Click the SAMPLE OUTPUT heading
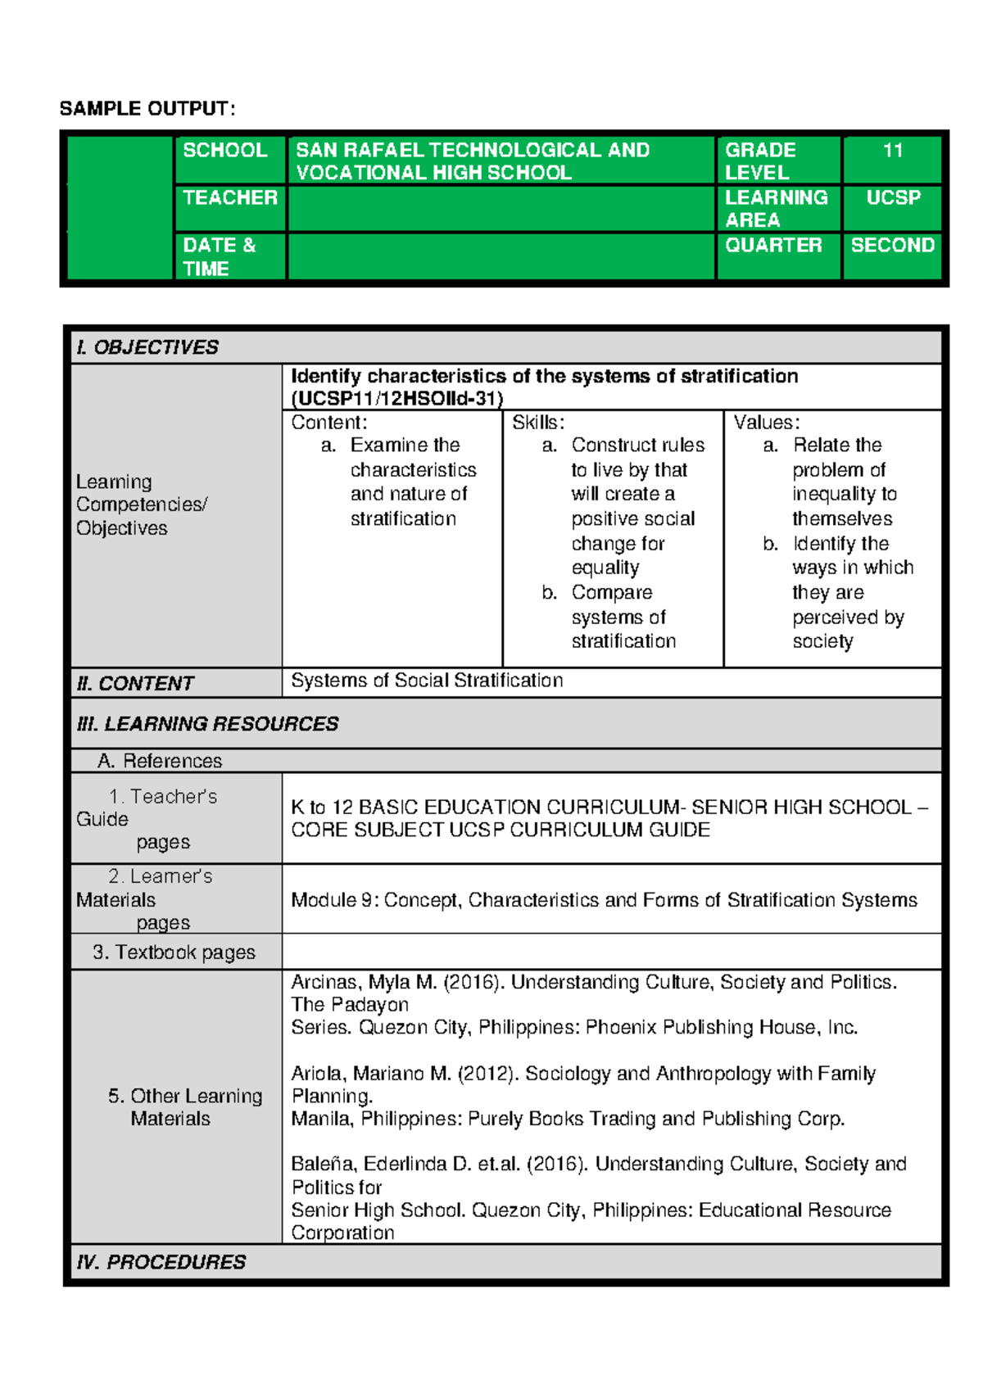pyautogui.click(x=147, y=109)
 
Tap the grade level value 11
pyautogui.click(x=892, y=151)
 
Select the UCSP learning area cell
pyautogui.click(x=893, y=197)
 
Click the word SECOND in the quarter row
pyautogui.click(x=892, y=245)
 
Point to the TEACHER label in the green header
pyautogui.click(x=230, y=197)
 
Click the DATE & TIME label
pyautogui.click(x=219, y=256)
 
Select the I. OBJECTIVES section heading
pyautogui.click(x=147, y=347)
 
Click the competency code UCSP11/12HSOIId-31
pyautogui.click(x=397, y=399)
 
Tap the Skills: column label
pyautogui.click(x=538, y=423)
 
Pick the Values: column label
pyautogui.click(x=766, y=423)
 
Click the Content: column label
pyautogui.click(x=329, y=423)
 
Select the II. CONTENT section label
pyautogui.click(x=135, y=683)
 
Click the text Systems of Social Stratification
pyautogui.click(x=427, y=681)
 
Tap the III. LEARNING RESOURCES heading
pyautogui.click(x=207, y=724)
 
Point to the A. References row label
pyautogui.click(x=160, y=761)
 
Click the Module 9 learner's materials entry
pyautogui.click(x=604, y=900)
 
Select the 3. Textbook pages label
pyautogui.click(x=174, y=952)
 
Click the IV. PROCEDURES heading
pyautogui.click(x=161, y=1262)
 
